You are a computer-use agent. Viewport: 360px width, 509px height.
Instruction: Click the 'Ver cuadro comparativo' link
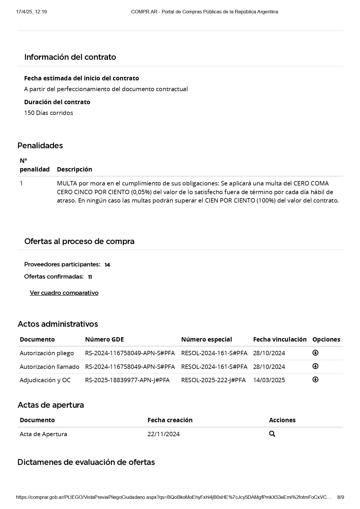(64, 293)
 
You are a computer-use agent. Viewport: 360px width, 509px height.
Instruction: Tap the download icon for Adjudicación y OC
(315, 380)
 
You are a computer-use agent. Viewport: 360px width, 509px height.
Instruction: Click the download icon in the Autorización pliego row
(315, 353)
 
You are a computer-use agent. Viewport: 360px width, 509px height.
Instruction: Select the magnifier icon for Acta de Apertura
(272, 434)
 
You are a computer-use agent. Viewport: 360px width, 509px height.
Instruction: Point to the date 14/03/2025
(269, 380)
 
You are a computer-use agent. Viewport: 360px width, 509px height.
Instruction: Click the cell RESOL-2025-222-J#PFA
(213, 380)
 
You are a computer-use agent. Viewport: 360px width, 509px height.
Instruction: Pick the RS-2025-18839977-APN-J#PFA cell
(127, 380)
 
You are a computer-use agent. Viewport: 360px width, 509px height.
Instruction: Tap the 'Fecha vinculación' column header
(280, 339)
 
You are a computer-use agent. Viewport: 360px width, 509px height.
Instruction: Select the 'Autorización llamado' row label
(49, 367)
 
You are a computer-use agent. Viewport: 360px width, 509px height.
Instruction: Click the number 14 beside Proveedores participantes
(107, 265)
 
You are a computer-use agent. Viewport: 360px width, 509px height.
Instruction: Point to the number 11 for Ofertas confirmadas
(90, 277)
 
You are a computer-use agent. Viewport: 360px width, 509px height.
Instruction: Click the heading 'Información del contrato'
(70, 57)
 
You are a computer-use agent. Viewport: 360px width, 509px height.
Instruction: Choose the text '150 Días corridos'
(48, 113)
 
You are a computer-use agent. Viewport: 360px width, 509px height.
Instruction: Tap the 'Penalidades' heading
(40, 145)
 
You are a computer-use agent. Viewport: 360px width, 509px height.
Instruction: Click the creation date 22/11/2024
(163, 434)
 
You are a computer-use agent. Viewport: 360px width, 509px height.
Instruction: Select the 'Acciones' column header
(282, 420)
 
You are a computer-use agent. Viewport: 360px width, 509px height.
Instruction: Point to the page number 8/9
(341, 497)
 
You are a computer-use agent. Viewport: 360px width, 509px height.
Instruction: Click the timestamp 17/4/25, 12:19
(31, 12)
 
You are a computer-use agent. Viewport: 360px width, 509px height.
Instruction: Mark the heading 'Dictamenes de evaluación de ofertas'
(86, 462)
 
